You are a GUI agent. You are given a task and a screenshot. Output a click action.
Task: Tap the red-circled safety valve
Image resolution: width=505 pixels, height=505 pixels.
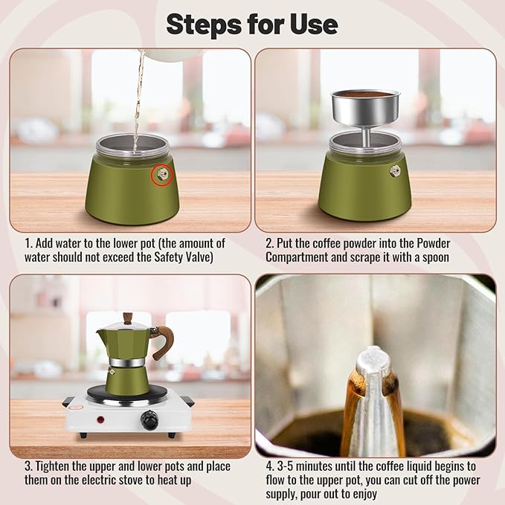click(161, 176)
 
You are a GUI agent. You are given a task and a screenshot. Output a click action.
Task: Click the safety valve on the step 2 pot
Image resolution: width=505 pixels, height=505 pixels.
click(395, 170)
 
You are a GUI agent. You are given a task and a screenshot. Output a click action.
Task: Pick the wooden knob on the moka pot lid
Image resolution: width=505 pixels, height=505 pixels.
click(127, 318)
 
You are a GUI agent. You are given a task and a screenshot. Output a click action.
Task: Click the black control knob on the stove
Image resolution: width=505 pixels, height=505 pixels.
click(151, 422)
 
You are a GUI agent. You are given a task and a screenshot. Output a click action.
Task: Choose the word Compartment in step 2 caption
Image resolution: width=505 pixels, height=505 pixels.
click(298, 257)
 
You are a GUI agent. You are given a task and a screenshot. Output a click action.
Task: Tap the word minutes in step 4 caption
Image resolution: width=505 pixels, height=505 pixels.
click(312, 466)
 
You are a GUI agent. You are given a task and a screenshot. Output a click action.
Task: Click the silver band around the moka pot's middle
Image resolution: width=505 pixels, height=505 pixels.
click(127, 362)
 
